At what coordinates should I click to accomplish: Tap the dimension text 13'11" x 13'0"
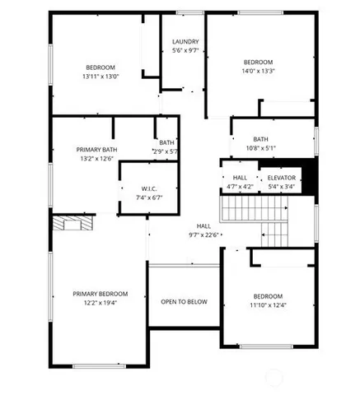(x=101, y=77)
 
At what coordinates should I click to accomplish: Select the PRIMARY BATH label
(x=97, y=149)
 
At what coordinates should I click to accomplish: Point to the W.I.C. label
(x=149, y=188)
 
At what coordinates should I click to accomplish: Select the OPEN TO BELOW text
(x=184, y=302)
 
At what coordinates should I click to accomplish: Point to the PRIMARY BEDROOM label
(x=100, y=294)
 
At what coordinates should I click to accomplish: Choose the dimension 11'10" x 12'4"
(x=268, y=306)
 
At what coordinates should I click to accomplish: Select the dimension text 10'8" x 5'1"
(x=260, y=149)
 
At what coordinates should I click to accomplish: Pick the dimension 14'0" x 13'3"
(x=259, y=72)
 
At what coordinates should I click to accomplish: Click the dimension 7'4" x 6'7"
(x=149, y=198)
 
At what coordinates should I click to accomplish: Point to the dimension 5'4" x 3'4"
(x=281, y=187)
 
